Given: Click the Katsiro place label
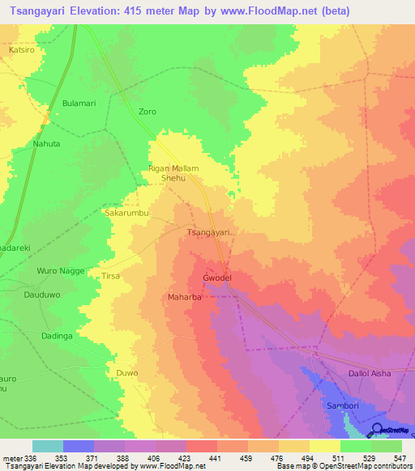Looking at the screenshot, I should pyautogui.click(x=20, y=49).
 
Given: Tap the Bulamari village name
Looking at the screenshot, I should pyautogui.click(x=79, y=104).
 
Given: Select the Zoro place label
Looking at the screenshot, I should pyautogui.click(x=147, y=112).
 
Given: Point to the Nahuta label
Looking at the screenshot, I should pyautogui.click(x=46, y=143).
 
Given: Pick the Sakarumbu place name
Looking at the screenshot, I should pyautogui.click(x=125, y=213).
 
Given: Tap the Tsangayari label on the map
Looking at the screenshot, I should pyautogui.click(x=210, y=233).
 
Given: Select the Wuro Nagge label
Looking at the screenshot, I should pyautogui.click(x=61, y=270).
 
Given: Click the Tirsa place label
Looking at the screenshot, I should pyautogui.click(x=110, y=276).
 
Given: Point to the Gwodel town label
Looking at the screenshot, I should pyautogui.click(x=217, y=278).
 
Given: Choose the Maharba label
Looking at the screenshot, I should pyautogui.click(x=184, y=297).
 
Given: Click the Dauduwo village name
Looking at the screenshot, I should pyautogui.click(x=43, y=296).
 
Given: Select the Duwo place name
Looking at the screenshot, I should pyautogui.click(x=127, y=373).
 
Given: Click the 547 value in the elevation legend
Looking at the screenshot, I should pyautogui.click(x=401, y=458).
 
